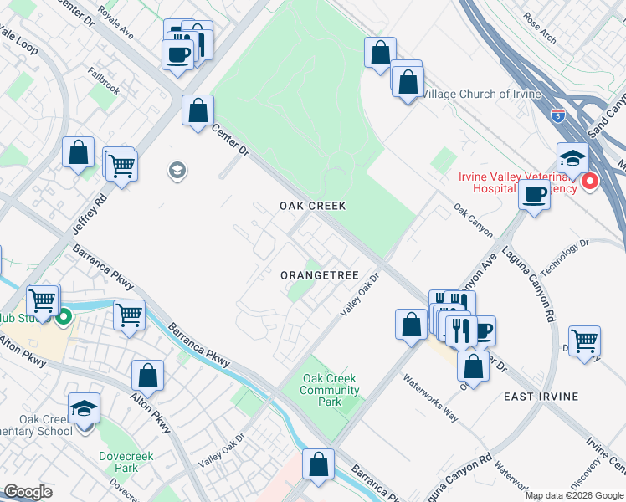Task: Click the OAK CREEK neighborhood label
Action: pyautogui.click(x=312, y=206)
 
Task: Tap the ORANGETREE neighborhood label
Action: pyautogui.click(x=319, y=275)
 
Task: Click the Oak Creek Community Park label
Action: pyautogui.click(x=331, y=391)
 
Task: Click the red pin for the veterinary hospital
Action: pyautogui.click(x=591, y=181)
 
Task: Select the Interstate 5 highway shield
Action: pyautogui.click(x=557, y=116)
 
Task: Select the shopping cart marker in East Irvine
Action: pyautogui.click(x=584, y=340)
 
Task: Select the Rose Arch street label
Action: pyautogui.click(x=540, y=28)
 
